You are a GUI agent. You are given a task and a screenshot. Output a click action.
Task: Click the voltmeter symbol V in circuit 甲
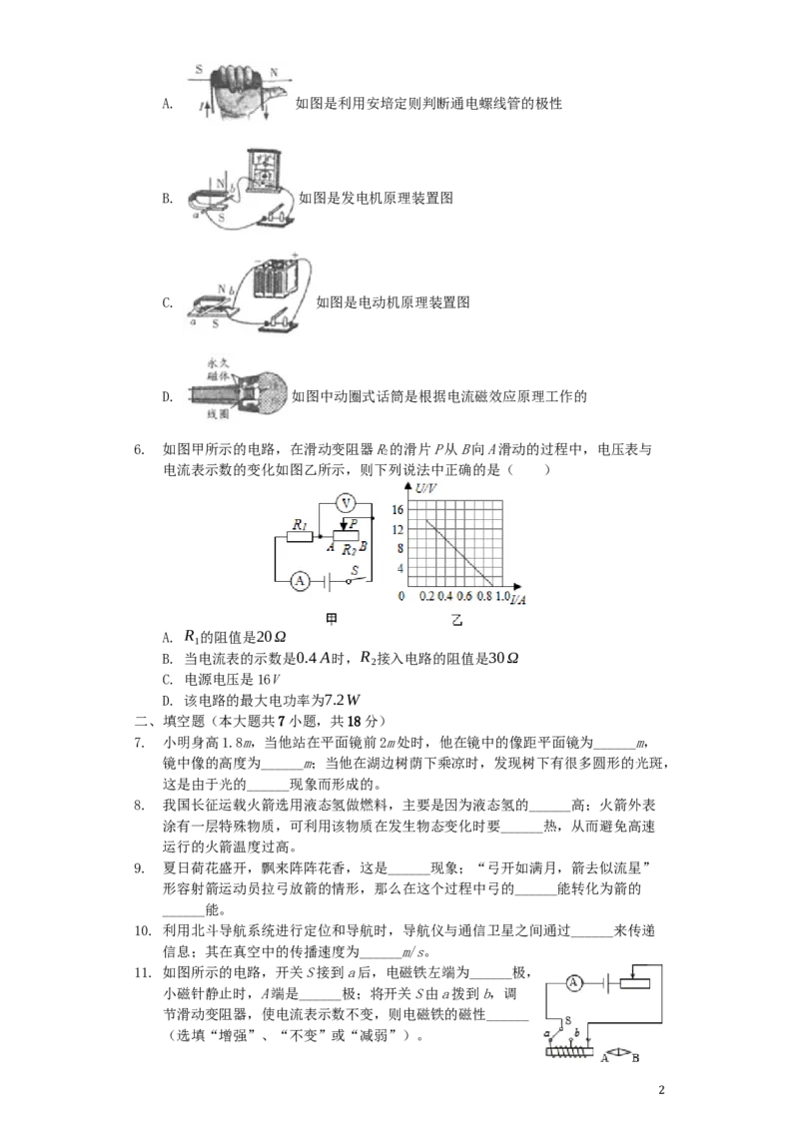(347, 502)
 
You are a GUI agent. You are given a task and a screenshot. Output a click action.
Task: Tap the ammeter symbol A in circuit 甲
(300, 581)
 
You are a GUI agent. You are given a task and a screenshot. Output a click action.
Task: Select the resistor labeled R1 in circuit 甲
(300, 537)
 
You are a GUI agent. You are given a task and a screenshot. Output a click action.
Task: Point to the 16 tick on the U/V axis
(398, 509)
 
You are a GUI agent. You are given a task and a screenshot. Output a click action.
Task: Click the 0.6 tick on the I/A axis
(464, 596)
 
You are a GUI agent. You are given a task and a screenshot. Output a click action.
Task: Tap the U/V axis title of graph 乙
(426, 488)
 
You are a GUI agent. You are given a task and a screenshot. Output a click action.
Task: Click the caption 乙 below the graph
(456, 620)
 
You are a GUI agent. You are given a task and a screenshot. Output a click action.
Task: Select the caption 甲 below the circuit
(332, 619)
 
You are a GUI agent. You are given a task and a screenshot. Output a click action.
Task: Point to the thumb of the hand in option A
(273, 91)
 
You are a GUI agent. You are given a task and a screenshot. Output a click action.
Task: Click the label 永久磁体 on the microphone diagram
(218, 370)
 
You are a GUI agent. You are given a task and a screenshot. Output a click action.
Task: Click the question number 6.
(139, 450)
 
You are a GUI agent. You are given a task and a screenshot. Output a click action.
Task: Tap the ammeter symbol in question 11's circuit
(573, 982)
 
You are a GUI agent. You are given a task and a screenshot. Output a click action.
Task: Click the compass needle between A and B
(620, 1054)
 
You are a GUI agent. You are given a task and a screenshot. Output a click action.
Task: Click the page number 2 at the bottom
(662, 1090)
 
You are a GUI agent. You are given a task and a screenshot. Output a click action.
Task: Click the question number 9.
(139, 868)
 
